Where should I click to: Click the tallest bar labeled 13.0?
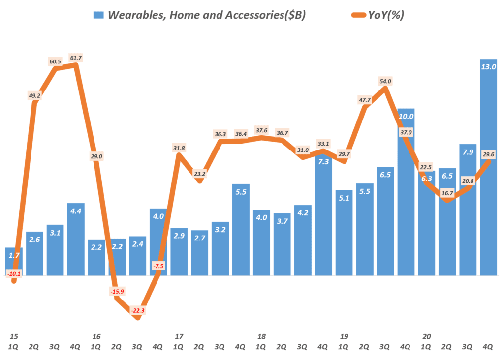click(x=488, y=167)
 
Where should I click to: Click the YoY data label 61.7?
click(x=76, y=58)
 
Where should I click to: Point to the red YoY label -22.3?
click(x=138, y=311)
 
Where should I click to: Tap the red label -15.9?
click(x=117, y=291)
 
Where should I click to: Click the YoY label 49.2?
click(x=34, y=96)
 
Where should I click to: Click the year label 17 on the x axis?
click(x=179, y=336)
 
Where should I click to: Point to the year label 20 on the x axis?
click(x=427, y=336)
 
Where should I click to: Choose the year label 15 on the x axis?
click(x=14, y=336)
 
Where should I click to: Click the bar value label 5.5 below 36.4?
click(x=241, y=192)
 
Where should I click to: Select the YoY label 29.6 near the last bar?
click(x=489, y=154)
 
